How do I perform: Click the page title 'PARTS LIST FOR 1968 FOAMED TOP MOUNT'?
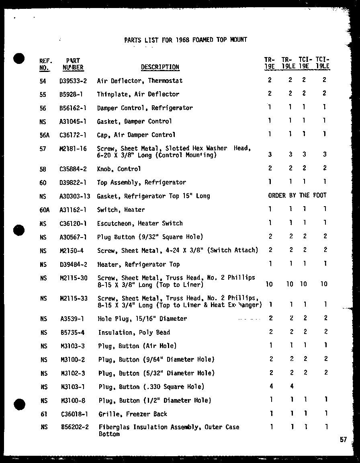pos(185,40)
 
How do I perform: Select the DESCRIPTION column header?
pos(160,67)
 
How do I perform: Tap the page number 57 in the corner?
pos(343,440)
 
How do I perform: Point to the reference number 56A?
pos(45,135)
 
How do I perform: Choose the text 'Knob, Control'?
pos(119,169)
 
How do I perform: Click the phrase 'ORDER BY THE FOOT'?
pos(297,195)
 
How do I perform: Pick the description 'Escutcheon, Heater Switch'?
pos(140,223)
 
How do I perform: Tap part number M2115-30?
pos(74,278)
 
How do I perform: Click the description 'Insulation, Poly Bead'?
pos(134,332)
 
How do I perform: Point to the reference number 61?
pos(44,414)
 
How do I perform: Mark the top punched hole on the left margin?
pos(19,59)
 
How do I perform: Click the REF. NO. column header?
pos(45,64)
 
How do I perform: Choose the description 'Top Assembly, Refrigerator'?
pos(141,182)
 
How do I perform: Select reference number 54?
pos(43,81)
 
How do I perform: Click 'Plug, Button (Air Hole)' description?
pos(137,346)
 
